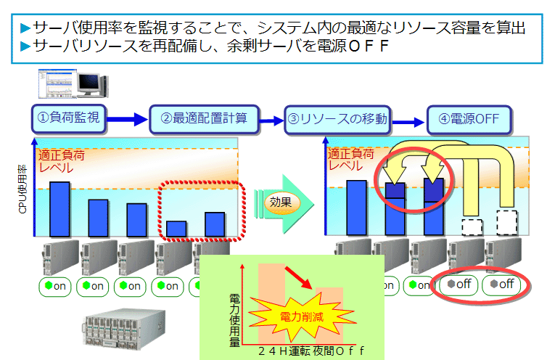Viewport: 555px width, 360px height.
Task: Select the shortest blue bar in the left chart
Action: click(x=176, y=229)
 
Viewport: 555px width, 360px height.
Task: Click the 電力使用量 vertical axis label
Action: click(x=234, y=319)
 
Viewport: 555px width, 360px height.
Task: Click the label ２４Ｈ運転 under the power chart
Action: click(x=282, y=351)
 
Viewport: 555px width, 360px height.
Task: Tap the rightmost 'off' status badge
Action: click(x=502, y=284)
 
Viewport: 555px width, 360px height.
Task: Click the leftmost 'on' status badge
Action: click(x=55, y=286)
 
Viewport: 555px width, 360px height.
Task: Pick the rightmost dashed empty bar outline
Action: click(x=507, y=221)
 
